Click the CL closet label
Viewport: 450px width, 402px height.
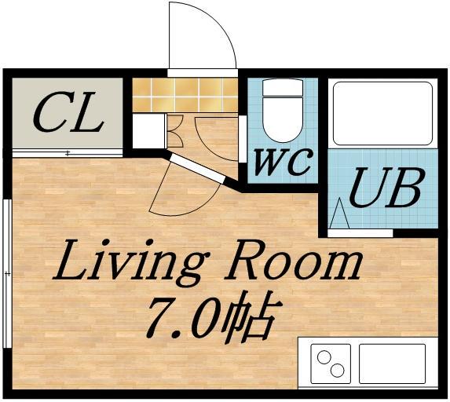point(68,112)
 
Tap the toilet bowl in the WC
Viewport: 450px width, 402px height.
point(283,119)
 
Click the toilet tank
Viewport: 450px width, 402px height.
point(283,88)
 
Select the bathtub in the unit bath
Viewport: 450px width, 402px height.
point(382,114)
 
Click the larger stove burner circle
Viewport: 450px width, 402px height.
point(324,357)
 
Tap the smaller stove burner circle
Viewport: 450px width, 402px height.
point(337,371)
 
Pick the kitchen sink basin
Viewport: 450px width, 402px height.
point(392,364)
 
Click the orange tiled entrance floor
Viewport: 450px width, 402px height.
point(185,95)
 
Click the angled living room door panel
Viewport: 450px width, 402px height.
point(197,169)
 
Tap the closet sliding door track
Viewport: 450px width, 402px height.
point(68,153)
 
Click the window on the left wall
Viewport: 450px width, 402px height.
point(8,274)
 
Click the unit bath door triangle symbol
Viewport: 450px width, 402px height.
point(339,214)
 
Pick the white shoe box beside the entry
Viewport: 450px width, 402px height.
point(149,131)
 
